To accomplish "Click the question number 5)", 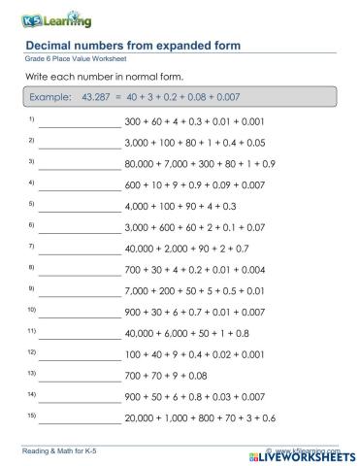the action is click(x=32, y=204).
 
